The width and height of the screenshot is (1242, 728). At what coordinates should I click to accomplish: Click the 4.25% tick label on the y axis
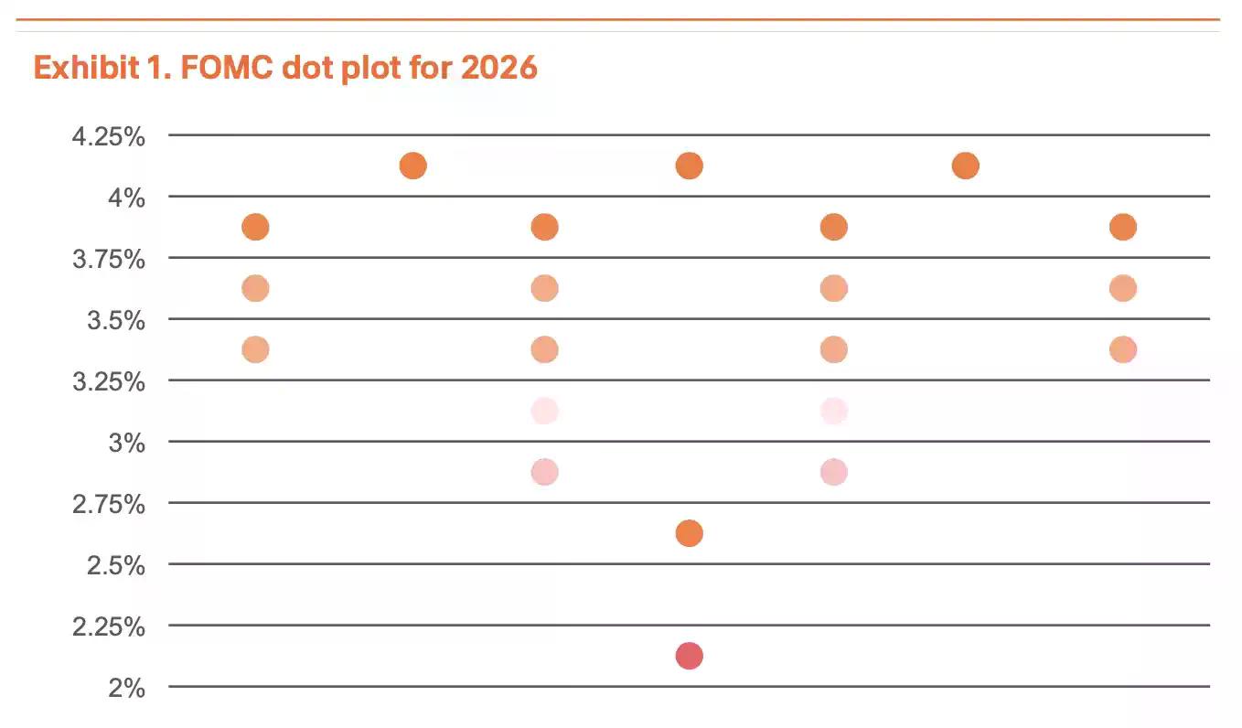tap(109, 137)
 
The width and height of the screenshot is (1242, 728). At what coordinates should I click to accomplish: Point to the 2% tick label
tap(126, 689)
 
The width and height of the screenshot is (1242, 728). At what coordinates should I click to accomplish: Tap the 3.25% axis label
tap(109, 382)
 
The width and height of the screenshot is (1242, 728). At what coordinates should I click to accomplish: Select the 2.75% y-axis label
tap(109, 505)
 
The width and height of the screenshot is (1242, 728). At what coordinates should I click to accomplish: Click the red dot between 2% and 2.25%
tap(689, 656)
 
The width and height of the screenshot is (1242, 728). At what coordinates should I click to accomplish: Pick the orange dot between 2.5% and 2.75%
tap(689, 533)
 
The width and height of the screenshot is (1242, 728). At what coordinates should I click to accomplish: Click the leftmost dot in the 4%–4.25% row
tap(412, 166)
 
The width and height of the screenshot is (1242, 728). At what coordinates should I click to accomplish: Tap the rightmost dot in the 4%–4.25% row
tap(965, 166)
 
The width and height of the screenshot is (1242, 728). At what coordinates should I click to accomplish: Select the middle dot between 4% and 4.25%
tap(689, 166)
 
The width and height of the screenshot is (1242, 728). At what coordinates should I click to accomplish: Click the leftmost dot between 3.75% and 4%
tap(255, 227)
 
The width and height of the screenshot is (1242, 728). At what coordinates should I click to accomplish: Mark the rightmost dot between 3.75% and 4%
tap(1123, 227)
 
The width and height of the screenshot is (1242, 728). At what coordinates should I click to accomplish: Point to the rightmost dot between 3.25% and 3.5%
tap(1123, 349)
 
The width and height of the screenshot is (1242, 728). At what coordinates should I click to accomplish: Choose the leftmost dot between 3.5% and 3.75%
tap(255, 288)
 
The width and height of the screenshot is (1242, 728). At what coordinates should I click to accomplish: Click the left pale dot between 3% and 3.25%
tap(544, 411)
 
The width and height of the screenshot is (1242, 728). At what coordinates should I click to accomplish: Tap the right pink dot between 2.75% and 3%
tap(833, 472)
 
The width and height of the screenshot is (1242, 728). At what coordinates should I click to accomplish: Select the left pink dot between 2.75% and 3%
tap(544, 472)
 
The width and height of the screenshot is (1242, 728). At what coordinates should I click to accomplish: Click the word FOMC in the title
tap(225, 68)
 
